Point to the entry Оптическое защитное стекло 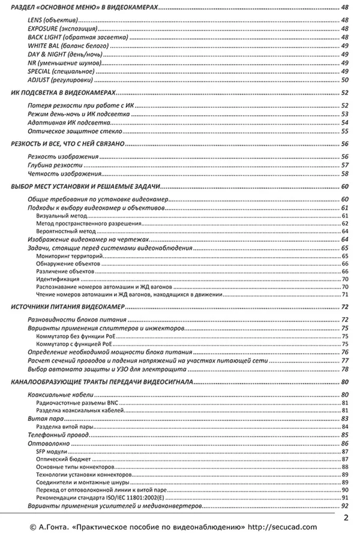point(75,131)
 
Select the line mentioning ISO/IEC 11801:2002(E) point(99,498)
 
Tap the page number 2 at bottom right point(347,517)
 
